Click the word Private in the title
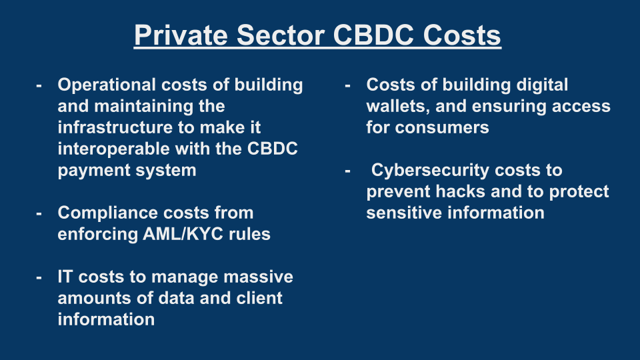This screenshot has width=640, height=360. click(x=181, y=35)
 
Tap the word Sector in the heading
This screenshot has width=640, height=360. click(x=281, y=35)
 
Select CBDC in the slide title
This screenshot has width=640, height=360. click(x=373, y=35)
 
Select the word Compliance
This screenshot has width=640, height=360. click(x=106, y=213)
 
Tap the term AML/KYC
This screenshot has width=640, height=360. click(x=183, y=234)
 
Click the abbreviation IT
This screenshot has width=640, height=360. click(x=65, y=277)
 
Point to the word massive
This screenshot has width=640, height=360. click(x=258, y=277)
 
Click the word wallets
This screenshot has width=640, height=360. click(x=398, y=107)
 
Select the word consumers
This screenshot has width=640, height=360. click(x=442, y=128)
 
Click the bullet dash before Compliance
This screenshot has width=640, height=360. click(x=39, y=214)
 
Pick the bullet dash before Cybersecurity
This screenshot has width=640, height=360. click(x=347, y=171)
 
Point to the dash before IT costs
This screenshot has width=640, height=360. click(x=39, y=278)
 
